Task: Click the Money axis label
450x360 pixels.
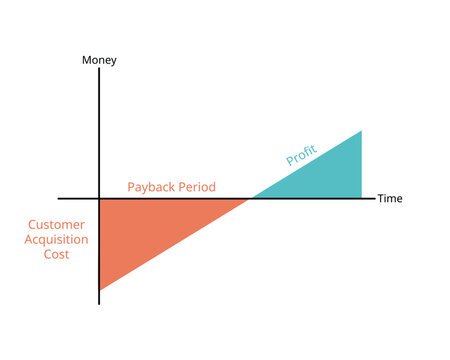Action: (x=99, y=60)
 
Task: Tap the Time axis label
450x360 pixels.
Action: (x=389, y=199)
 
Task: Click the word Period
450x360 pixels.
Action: (x=197, y=187)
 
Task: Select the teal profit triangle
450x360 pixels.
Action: (x=325, y=175)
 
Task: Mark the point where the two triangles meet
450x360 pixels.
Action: (x=250, y=198)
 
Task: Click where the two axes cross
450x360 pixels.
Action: (x=99, y=198)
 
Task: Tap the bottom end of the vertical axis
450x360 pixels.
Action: (x=99, y=303)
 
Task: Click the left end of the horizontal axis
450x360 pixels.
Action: (x=58, y=198)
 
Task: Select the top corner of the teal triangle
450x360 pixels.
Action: (x=360, y=131)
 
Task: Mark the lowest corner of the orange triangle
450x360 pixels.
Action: (x=100, y=289)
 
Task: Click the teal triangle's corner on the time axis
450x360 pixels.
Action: (x=360, y=197)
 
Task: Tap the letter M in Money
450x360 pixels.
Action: (x=86, y=60)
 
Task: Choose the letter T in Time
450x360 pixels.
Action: (x=380, y=199)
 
